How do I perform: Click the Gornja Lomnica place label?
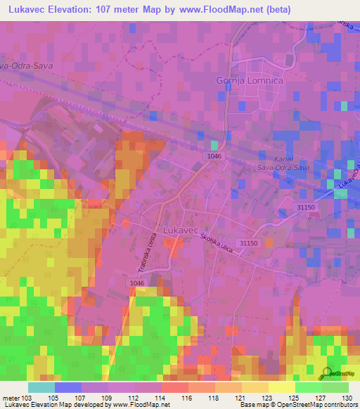point(249,81)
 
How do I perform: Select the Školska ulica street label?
point(219,245)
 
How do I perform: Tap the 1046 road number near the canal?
point(215,155)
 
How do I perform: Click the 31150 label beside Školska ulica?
point(249,242)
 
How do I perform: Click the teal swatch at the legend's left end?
point(41,387)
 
